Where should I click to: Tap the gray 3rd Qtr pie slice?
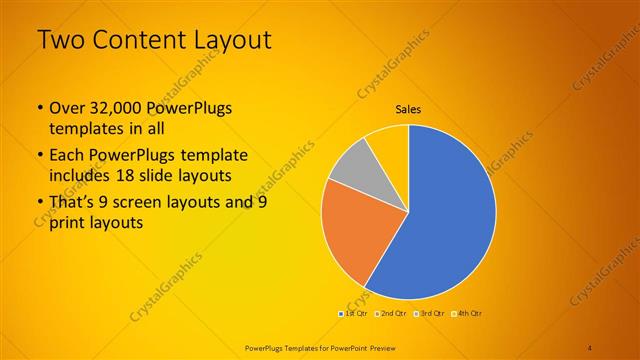pyautogui.click(x=351, y=165)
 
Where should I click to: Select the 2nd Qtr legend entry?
pyautogui.click(x=391, y=314)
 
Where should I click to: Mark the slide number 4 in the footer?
pyautogui.click(x=590, y=346)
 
